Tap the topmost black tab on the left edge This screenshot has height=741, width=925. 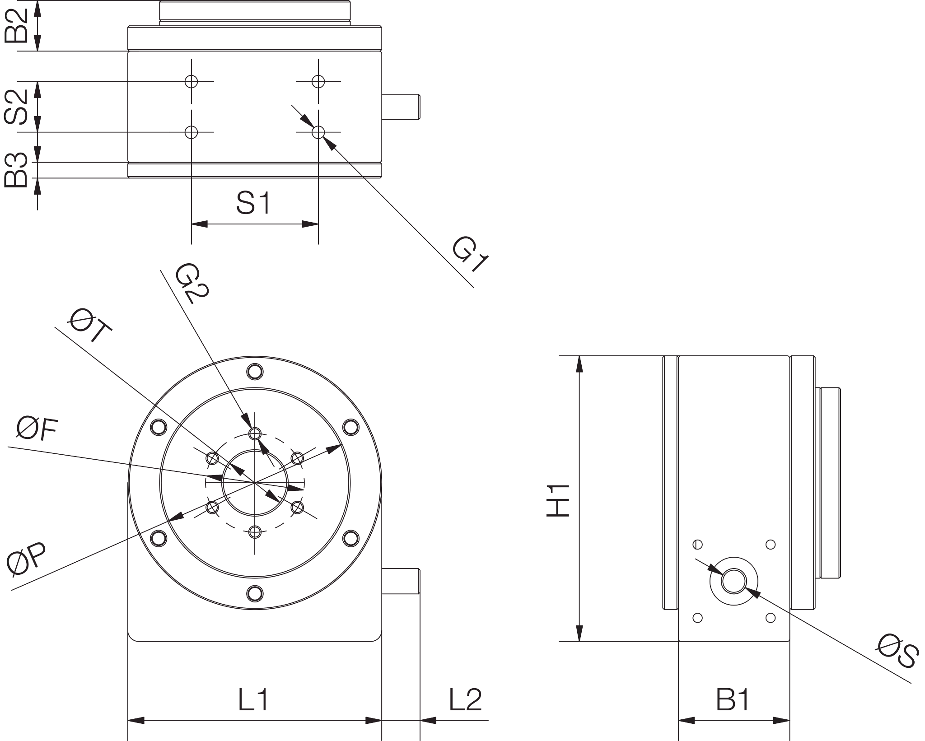click(x=18, y=25)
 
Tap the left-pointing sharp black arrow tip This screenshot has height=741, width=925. click(x=56, y=329)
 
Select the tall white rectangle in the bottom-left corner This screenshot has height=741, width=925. click(x=63, y=664)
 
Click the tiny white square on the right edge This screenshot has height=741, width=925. click(x=922, y=652)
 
